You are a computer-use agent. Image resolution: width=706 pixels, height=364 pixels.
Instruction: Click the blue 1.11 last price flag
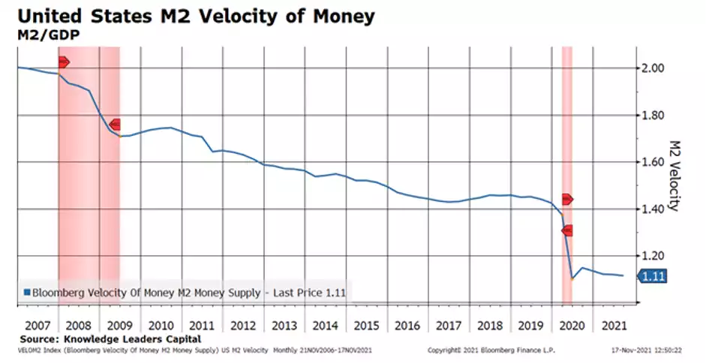click(x=653, y=277)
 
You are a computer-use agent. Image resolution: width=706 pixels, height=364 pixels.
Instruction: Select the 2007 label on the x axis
click(x=37, y=326)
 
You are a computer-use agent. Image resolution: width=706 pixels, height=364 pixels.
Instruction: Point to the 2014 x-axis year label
click(x=325, y=326)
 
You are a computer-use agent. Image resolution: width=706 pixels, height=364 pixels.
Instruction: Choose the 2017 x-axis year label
click(x=448, y=326)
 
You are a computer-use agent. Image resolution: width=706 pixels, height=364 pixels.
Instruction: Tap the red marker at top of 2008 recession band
click(x=63, y=62)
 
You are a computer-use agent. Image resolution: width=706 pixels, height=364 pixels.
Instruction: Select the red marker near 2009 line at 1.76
click(x=115, y=125)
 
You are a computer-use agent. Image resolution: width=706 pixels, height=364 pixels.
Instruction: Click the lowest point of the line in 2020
click(x=572, y=278)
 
